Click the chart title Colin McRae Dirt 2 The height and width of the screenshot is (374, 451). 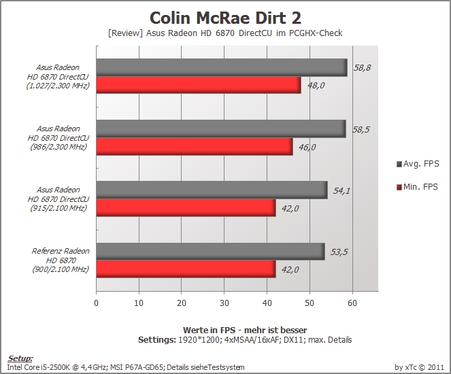(x=226, y=18)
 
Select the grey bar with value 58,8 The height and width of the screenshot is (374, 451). (x=222, y=68)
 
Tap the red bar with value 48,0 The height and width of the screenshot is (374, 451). (x=199, y=85)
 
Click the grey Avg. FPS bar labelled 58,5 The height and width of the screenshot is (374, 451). (x=221, y=129)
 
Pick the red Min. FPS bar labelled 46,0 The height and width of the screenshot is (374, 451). (x=195, y=147)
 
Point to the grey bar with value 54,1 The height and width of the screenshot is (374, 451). (x=212, y=190)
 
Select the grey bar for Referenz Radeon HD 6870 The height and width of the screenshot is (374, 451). (x=211, y=252)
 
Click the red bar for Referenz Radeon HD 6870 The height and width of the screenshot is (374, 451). (x=186, y=269)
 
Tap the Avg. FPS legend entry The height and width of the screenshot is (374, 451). (x=418, y=164)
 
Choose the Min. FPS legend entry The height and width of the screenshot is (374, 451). (x=417, y=187)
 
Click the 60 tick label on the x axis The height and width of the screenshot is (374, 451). (x=352, y=303)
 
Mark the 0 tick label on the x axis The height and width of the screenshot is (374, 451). (x=97, y=303)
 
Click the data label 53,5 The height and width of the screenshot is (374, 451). (x=339, y=252)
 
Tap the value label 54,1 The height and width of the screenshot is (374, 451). (x=341, y=191)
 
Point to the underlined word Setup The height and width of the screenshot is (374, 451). (x=20, y=358)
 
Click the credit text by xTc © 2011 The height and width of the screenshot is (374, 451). (x=419, y=367)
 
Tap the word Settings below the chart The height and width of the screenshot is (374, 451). (x=156, y=340)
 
